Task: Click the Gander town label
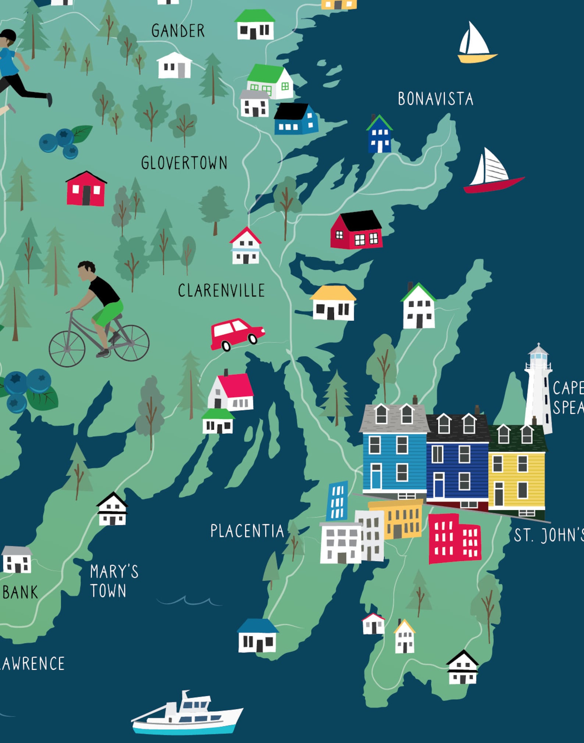[x=178, y=31]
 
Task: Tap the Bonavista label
[x=435, y=99]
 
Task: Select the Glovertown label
[x=184, y=163]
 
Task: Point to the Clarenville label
[x=221, y=291]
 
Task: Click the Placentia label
[x=247, y=531]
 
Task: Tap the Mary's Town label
[x=114, y=581]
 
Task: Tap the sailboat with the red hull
[x=492, y=173]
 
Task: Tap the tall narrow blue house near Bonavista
[x=380, y=135]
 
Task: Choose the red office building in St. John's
[x=455, y=538]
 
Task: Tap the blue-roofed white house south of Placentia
[x=257, y=636]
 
